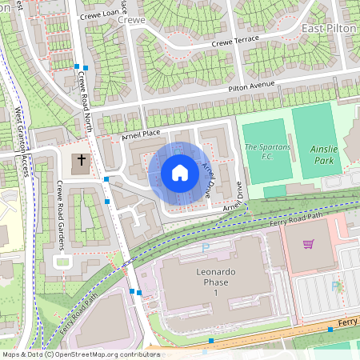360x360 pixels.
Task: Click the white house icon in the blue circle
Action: pos(180,173)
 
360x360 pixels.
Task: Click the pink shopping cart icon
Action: pos(308,243)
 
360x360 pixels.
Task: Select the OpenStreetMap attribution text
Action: pos(80,354)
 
